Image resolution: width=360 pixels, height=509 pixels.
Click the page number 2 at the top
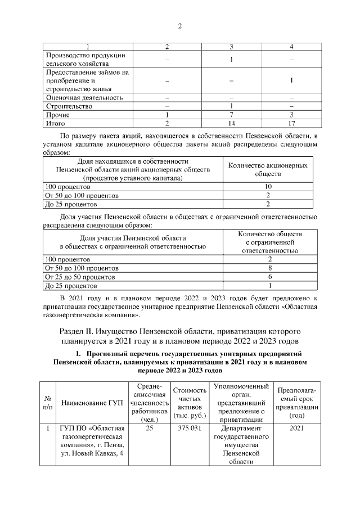coord(180,26)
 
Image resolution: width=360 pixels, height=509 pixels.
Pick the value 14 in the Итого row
coord(231,123)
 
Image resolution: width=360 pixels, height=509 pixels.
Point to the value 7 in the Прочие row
coord(231,114)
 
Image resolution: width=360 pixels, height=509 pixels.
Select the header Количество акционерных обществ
coord(268,170)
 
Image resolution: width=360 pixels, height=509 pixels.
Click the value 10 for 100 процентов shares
coord(268,186)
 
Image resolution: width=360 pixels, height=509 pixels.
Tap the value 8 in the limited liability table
coord(270,268)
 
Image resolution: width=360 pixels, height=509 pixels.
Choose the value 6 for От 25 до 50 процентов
coord(270,277)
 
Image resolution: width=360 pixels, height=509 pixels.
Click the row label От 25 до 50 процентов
coord(80,277)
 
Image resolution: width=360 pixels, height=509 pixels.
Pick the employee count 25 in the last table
coord(149,429)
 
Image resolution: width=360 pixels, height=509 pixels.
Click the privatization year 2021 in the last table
coord(296,429)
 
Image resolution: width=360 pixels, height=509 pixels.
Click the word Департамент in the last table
coord(240,429)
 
